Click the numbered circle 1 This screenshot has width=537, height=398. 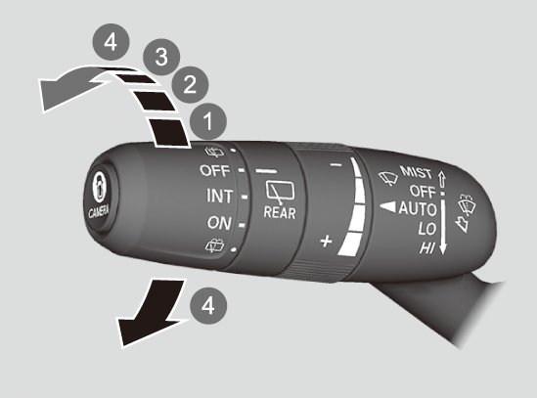point(208,121)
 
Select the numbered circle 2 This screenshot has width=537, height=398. point(190,85)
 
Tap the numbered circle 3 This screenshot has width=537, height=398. point(161,57)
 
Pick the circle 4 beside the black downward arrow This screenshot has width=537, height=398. point(208,306)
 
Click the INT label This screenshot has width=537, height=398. point(219,197)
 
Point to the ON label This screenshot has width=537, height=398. point(219,223)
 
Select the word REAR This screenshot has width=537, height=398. point(280,213)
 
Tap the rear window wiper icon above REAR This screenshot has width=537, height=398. point(280,192)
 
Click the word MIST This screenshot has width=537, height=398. point(416,172)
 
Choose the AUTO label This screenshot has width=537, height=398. point(418,208)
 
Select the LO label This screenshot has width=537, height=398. point(426,229)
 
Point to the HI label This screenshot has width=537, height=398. point(427,248)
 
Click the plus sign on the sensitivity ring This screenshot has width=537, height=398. point(326,242)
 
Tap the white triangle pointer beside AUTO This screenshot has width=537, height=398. point(387,207)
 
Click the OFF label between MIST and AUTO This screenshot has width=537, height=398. point(423,191)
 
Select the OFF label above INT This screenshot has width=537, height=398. point(215,170)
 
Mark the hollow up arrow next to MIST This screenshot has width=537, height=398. point(442,179)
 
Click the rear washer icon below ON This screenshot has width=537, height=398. point(214,245)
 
